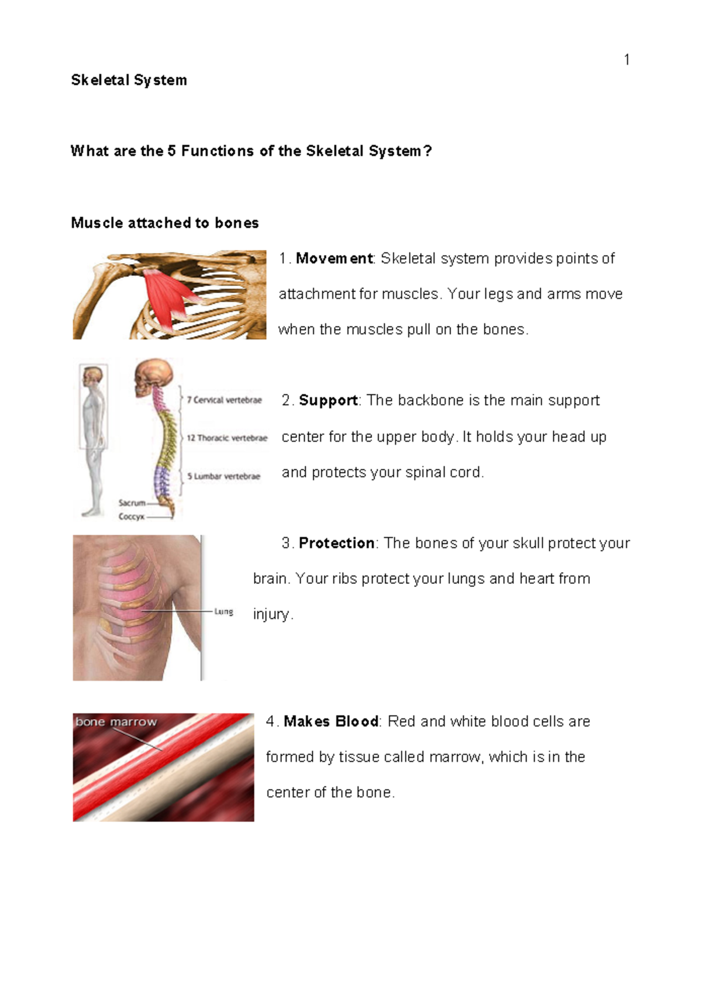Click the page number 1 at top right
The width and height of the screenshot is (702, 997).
click(x=627, y=60)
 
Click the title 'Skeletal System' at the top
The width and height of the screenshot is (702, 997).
click(x=129, y=80)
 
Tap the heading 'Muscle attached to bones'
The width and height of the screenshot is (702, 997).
click(x=164, y=223)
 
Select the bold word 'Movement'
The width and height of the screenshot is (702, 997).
click(x=334, y=259)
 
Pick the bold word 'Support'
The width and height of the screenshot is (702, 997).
click(x=328, y=401)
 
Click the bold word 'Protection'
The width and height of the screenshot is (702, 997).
click(x=336, y=544)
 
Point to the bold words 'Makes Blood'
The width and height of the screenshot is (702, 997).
click(x=331, y=721)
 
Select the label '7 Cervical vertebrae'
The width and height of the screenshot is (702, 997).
click(x=224, y=400)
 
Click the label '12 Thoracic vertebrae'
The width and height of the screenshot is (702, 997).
click(x=227, y=438)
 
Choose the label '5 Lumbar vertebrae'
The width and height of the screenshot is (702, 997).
click(x=223, y=476)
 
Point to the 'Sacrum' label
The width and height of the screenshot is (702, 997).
click(x=132, y=503)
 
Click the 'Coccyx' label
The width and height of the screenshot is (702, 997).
click(x=131, y=517)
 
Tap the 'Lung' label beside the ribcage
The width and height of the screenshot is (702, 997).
click(x=223, y=611)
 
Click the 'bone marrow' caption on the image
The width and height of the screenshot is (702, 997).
click(x=116, y=722)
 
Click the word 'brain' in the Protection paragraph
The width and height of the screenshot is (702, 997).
click(x=270, y=579)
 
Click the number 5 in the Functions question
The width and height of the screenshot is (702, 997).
click(x=171, y=151)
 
